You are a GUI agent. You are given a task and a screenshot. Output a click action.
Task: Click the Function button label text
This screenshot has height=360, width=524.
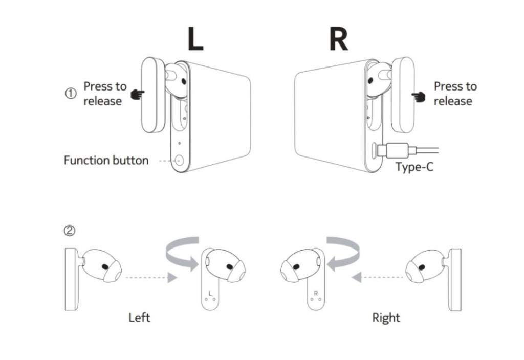pyautogui.click(x=106, y=160)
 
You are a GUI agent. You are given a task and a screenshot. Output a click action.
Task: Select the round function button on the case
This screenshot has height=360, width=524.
pyautogui.click(x=179, y=161)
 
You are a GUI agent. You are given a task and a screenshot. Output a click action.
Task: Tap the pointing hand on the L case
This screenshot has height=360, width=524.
pyautogui.click(x=138, y=95)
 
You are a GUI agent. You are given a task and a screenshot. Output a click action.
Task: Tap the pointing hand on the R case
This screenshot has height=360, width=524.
pyautogui.click(x=419, y=96)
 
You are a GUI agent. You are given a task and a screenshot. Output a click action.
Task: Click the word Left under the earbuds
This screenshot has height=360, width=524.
pyautogui.click(x=139, y=318)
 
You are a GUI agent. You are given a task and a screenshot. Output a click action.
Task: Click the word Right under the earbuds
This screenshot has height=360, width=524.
pyautogui.click(x=386, y=318)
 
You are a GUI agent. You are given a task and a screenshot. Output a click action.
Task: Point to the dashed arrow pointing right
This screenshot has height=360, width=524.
pyautogui.click(x=149, y=278)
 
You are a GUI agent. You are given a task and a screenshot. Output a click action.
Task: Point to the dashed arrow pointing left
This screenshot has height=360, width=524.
pyautogui.click(x=377, y=278)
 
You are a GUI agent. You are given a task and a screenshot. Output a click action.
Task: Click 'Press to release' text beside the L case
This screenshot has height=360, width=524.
pyautogui.click(x=104, y=94)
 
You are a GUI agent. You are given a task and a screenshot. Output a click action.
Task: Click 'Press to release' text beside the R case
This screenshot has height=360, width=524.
pyautogui.click(x=455, y=94)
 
